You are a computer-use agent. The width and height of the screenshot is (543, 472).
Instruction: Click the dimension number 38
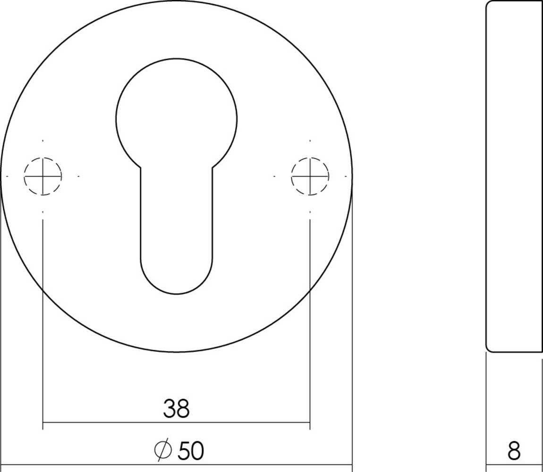176,409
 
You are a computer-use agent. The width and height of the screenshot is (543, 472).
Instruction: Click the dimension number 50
191,451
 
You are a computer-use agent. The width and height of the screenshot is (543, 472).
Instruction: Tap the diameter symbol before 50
162,451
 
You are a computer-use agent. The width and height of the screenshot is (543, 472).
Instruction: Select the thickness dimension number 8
514,451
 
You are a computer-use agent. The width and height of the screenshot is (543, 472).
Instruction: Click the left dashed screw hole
43,176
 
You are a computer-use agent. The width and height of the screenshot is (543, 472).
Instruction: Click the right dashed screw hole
310,176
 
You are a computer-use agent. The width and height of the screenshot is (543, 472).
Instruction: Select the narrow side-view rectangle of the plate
514,176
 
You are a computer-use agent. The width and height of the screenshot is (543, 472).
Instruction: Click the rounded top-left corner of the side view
489,4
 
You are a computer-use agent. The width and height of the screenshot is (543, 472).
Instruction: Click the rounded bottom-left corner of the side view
489,349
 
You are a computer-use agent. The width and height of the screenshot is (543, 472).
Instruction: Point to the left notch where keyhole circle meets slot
140,167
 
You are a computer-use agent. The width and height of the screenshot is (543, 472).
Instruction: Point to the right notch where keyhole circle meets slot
212,167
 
